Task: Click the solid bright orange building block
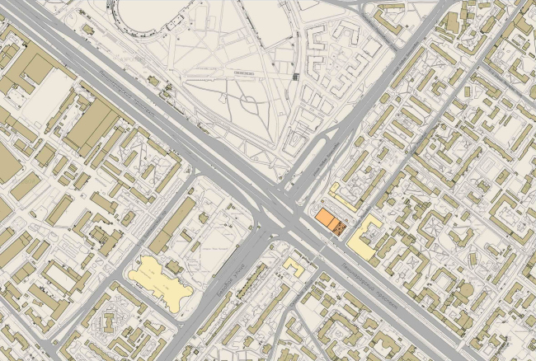[x=328, y=220]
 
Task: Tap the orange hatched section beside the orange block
[x=343, y=226]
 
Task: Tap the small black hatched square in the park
[x=295, y=76]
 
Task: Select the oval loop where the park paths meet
[x=248, y=102]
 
